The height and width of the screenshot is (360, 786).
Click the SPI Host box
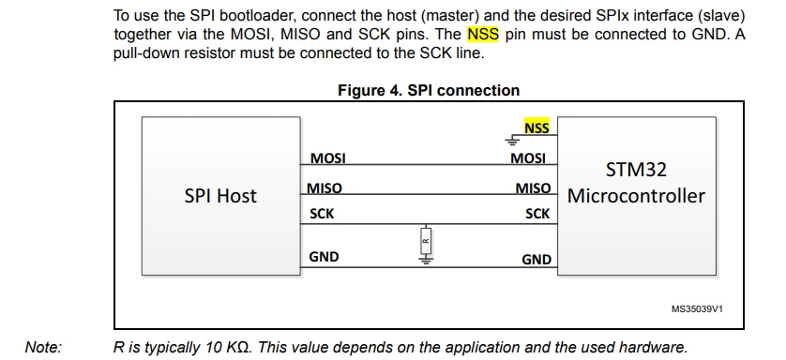(x=221, y=196)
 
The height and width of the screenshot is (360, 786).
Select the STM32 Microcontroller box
(x=637, y=196)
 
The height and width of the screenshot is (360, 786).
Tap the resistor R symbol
(x=426, y=241)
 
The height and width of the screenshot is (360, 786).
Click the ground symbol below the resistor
(x=426, y=260)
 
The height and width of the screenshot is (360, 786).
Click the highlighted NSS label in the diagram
(x=537, y=127)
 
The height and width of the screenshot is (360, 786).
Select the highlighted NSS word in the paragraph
(x=483, y=35)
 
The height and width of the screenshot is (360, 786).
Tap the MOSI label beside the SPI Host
(x=328, y=158)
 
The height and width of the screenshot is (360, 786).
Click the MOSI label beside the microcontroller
(x=528, y=158)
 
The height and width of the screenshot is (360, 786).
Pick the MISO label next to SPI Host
(x=325, y=187)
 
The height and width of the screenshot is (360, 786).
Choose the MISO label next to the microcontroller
(x=534, y=187)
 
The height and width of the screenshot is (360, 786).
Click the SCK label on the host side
(x=322, y=214)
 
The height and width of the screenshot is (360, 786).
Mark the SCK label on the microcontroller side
(x=537, y=214)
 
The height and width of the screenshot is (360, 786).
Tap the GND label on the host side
(x=324, y=257)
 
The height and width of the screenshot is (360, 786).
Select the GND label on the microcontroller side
(x=537, y=260)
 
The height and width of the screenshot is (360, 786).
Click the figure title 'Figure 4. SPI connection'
(x=429, y=90)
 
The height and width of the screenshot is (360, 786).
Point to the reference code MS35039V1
(x=697, y=309)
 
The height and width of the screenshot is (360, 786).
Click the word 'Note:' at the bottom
(x=43, y=347)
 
